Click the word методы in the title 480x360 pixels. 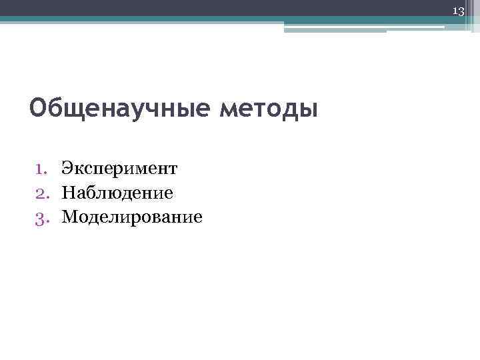[269, 108]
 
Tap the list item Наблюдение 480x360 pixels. [117, 193]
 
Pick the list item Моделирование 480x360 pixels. [132, 217]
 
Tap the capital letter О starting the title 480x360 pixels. [39, 108]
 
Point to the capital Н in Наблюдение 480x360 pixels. [69, 193]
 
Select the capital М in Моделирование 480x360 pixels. [71, 217]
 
